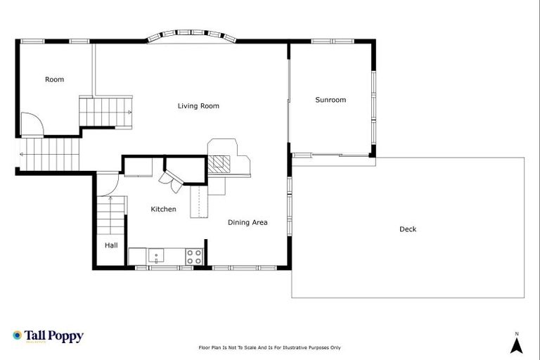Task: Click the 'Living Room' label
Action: coord(198,106)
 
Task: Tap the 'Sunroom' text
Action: coord(330,100)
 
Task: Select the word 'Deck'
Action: coord(408,229)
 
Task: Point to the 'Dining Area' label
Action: coord(247,222)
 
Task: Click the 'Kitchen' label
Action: coord(163,209)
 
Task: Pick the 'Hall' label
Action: coord(111,245)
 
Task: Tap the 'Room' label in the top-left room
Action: coord(54,79)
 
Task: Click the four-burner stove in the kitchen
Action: coord(195,256)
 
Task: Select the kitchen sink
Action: coord(156,256)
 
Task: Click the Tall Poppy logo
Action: coord(48,336)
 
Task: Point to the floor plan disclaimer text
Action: coord(270,347)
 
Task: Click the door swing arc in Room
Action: coord(32,124)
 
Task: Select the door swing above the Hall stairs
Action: coord(108,184)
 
